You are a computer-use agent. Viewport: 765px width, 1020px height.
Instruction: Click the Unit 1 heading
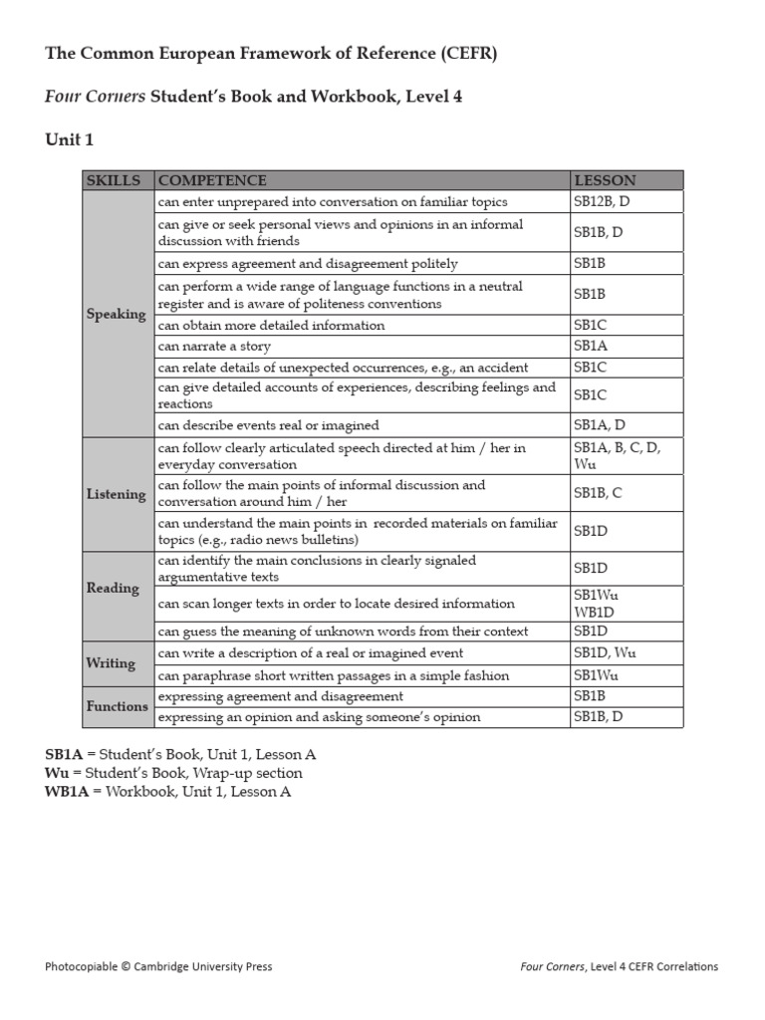[69, 139]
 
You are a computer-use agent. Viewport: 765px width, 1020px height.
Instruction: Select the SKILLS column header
[114, 180]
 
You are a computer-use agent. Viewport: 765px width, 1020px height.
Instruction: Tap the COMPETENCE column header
[212, 180]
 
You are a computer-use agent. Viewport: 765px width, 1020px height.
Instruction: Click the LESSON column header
[604, 180]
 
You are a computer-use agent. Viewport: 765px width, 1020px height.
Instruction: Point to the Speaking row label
[116, 314]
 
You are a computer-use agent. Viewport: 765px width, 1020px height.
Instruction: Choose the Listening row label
[116, 494]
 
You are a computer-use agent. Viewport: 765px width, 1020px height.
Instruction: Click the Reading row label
[113, 588]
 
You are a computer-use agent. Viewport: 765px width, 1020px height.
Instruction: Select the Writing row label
[111, 662]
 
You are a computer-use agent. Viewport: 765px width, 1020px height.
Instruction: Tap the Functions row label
[117, 706]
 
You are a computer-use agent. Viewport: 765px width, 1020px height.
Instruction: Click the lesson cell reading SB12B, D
[601, 202]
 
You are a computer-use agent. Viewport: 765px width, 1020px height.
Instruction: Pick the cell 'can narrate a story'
[214, 347]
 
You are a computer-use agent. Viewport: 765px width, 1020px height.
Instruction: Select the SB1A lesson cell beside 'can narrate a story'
[590, 347]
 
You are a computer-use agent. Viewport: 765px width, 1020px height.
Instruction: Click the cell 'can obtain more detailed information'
[271, 326]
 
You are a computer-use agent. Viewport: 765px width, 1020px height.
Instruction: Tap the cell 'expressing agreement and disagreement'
[280, 696]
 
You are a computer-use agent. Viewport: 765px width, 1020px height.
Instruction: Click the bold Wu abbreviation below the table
[56, 773]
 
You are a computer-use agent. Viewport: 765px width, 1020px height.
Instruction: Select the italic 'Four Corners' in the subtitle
[96, 97]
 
